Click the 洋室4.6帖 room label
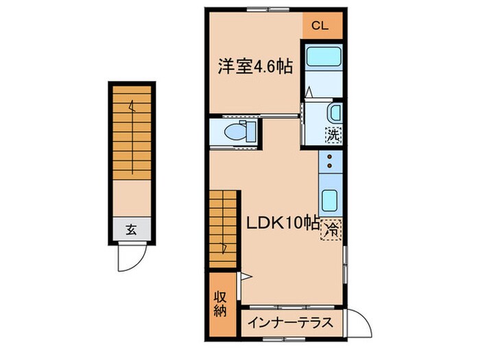click(x=255, y=67)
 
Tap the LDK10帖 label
click(x=281, y=223)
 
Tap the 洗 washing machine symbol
click(x=334, y=135)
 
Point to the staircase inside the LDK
click(x=224, y=226)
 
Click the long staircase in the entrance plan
click(x=130, y=134)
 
